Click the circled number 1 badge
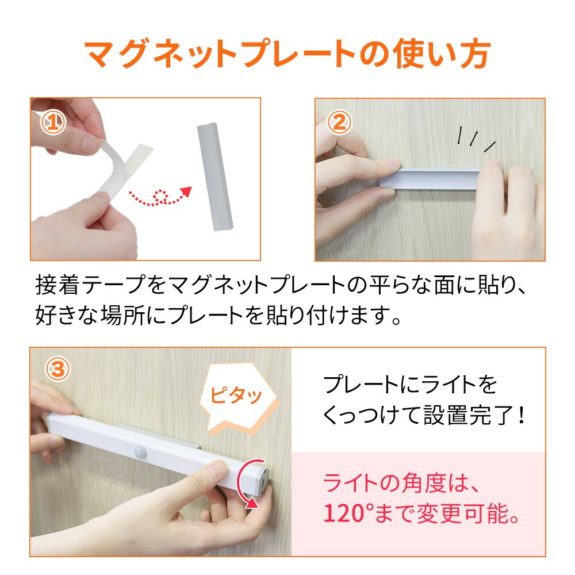(53, 122)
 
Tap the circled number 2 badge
(339, 122)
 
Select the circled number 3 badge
(57, 369)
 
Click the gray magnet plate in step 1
(215, 177)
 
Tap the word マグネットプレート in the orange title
(220, 55)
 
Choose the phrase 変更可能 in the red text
(464, 513)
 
